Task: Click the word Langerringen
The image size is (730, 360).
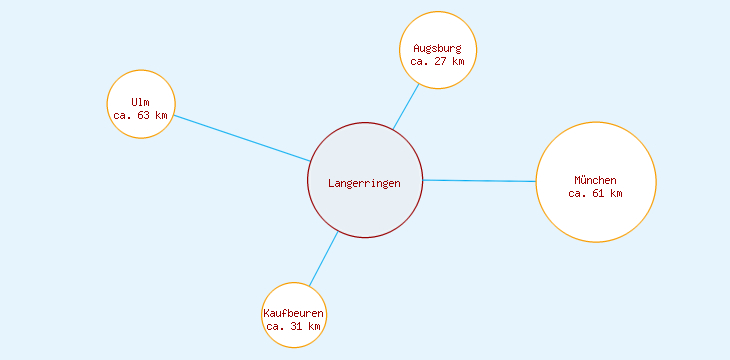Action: pyautogui.click(x=365, y=183)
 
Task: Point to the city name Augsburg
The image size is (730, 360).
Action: pyautogui.click(x=438, y=48)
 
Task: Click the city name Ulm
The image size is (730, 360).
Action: pyautogui.click(x=141, y=103)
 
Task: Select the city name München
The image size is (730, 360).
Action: pyautogui.click(x=596, y=180)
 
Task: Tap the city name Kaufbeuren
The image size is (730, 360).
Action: pyautogui.click(x=294, y=313)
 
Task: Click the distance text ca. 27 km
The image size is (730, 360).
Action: pyautogui.click(x=438, y=61)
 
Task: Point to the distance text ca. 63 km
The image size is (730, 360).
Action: pyautogui.click(x=141, y=116)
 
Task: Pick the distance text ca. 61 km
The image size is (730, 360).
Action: pyautogui.click(x=596, y=194)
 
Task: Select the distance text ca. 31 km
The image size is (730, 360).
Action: pyautogui.click(x=294, y=326)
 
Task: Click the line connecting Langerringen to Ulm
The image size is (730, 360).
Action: pyautogui.click(x=241, y=138)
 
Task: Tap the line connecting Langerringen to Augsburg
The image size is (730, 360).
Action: pyautogui.click(x=406, y=106)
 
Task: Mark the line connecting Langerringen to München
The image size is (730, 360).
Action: pyautogui.click(x=480, y=181)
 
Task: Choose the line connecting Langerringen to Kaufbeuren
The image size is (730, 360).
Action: pyautogui.click(x=323, y=259)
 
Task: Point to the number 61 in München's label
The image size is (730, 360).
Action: pyautogui.click(x=597, y=194)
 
